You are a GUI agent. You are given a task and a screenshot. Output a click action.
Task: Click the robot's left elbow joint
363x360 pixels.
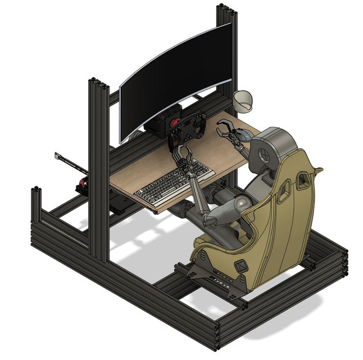[208, 217]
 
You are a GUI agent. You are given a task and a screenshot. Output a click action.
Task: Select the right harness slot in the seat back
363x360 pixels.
[304, 179]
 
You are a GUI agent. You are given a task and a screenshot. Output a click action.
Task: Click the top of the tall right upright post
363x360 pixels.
[226, 8]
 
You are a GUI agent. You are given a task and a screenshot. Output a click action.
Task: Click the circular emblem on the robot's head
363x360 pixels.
[262, 154]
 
